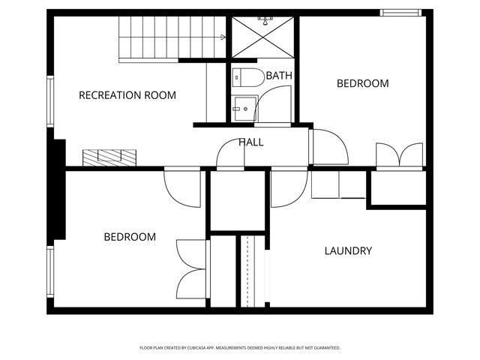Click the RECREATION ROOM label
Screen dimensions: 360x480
(127, 95)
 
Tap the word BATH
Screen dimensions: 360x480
(279, 76)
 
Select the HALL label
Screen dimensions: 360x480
(250, 142)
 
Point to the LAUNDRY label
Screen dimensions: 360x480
(347, 250)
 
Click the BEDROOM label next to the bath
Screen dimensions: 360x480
(362, 83)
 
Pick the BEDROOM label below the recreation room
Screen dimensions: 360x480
(130, 237)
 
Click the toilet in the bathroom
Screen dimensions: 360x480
(247, 76)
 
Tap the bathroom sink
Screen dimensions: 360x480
(241, 108)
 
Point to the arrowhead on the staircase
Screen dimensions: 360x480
(223, 37)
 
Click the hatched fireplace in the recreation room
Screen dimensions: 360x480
(109, 157)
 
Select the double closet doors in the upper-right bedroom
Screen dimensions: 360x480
(400, 156)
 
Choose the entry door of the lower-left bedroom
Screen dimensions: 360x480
(181, 187)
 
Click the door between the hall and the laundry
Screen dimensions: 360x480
(288, 187)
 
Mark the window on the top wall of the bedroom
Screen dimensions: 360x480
(400, 12)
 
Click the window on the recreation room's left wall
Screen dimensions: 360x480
(50, 101)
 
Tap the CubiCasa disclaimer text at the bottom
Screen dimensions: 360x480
(240, 348)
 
